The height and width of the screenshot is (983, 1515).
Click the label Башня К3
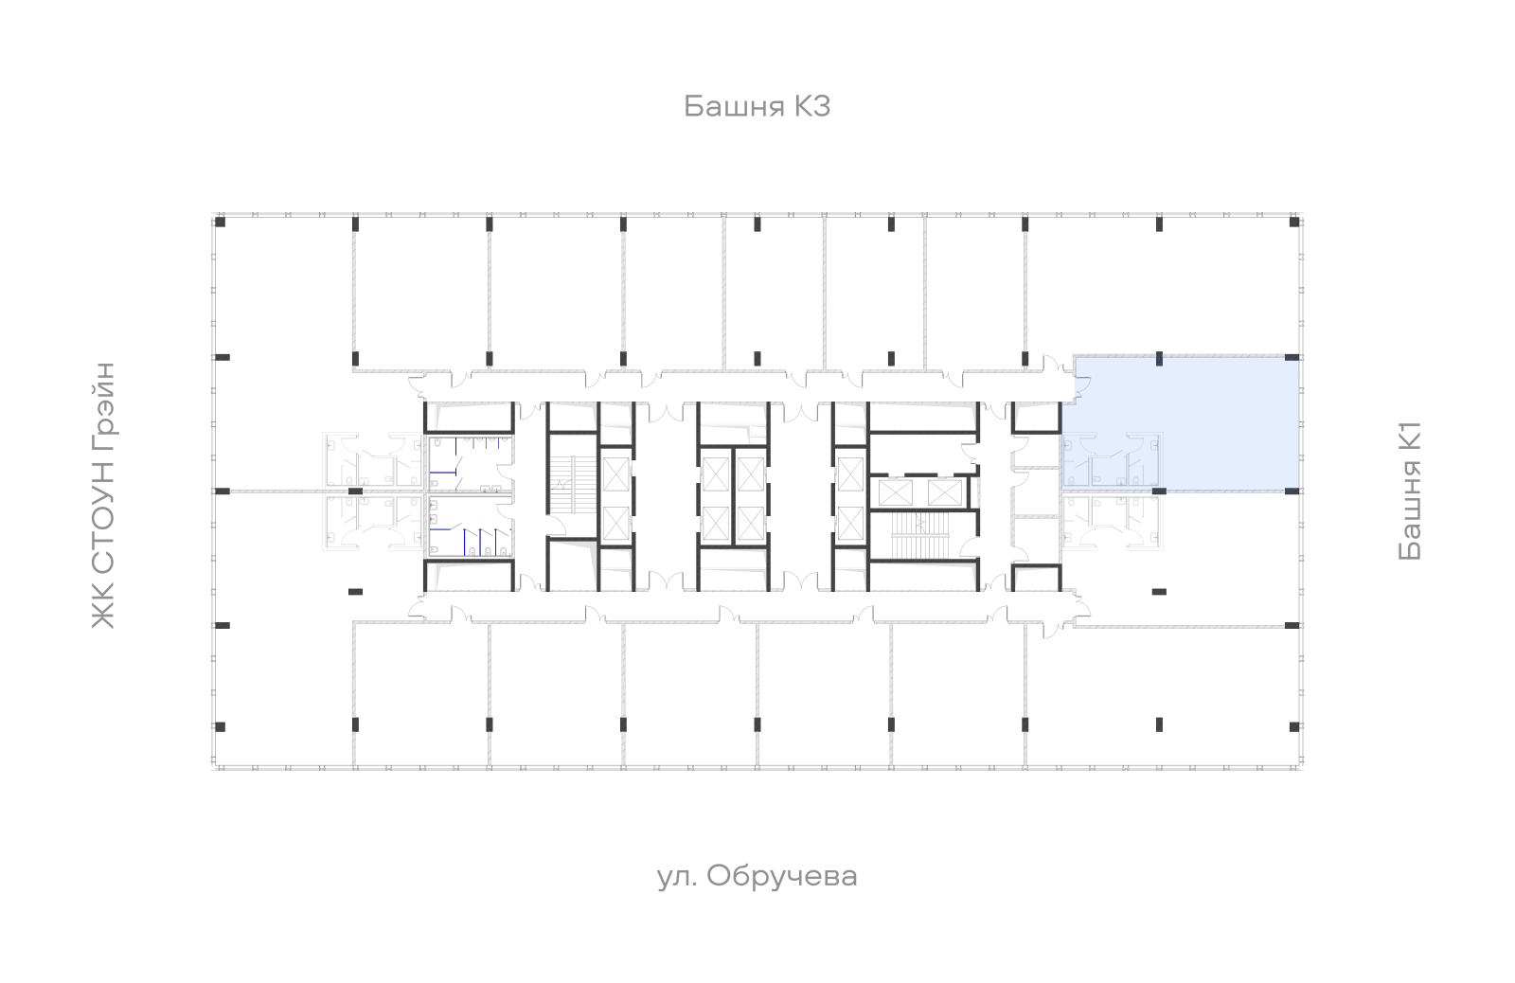pos(757,106)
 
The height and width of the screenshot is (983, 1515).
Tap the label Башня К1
pos(1410,491)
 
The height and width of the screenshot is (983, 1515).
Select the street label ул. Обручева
pos(757,877)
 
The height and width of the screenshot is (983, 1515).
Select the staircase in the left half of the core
pos(572,485)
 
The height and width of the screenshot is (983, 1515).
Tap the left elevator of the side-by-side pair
pos(896,492)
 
